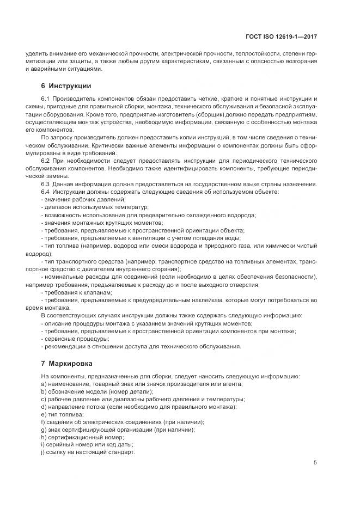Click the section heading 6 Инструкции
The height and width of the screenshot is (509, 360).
(66, 86)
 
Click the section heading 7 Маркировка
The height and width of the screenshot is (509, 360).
(66, 363)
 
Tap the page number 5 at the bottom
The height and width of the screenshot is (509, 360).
(315, 463)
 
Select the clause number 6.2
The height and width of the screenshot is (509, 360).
(46, 162)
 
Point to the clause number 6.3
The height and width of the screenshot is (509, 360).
(46, 185)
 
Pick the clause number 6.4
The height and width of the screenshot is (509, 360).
(46, 192)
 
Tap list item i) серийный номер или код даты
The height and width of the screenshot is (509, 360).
(87, 445)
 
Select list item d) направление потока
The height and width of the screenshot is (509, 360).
(139, 407)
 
